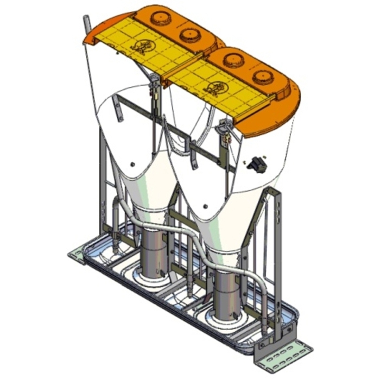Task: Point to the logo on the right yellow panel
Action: click(x=214, y=87)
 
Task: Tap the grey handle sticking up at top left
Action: click(x=86, y=27)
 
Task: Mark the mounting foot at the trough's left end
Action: click(x=78, y=256)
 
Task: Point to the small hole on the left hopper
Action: click(x=133, y=163)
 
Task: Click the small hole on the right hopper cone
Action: click(x=206, y=206)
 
